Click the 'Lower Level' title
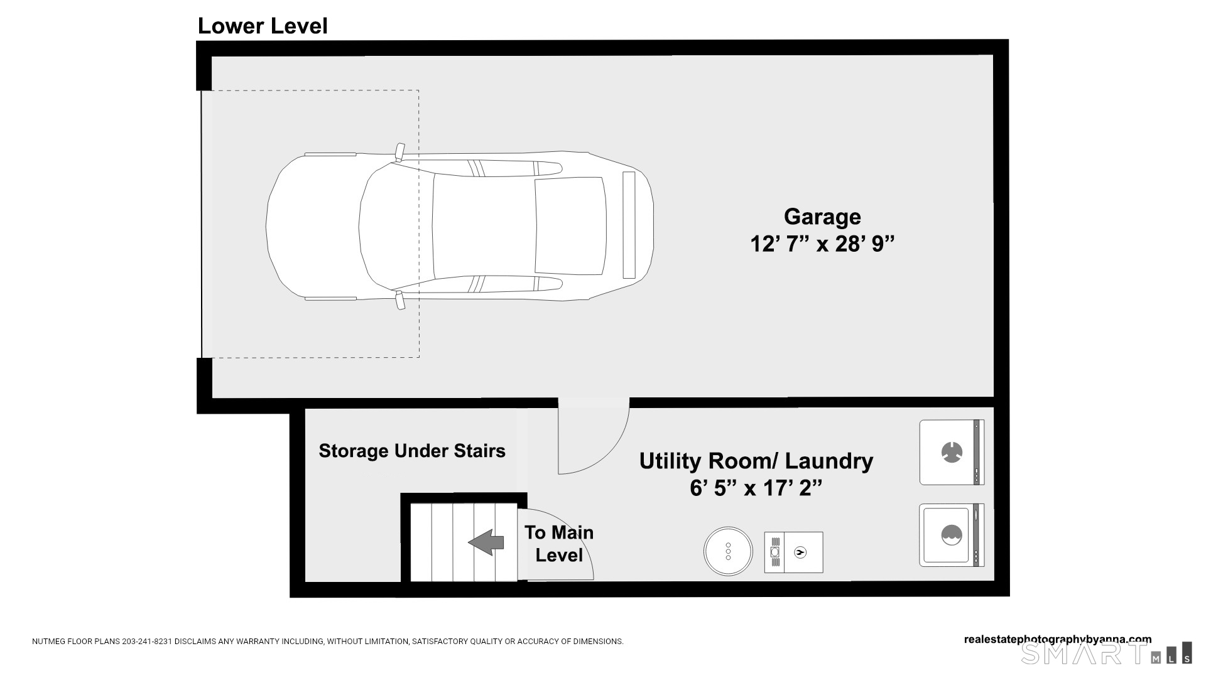(x=263, y=26)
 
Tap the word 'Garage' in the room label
(x=822, y=217)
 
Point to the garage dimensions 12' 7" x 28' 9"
(x=822, y=244)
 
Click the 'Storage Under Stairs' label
(x=412, y=451)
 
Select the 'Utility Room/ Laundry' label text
(x=756, y=461)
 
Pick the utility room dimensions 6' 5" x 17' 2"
(x=756, y=487)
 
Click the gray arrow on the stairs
(x=486, y=542)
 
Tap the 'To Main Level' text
(x=559, y=544)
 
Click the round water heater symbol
(x=728, y=551)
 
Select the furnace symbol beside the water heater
(x=793, y=552)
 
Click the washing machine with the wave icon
(x=952, y=535)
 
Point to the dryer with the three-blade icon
(x=952, y=452)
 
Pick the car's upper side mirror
(x=399, y=152)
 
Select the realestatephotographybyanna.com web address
(x=1058, y=640)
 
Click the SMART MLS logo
(x=1106, y=653)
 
